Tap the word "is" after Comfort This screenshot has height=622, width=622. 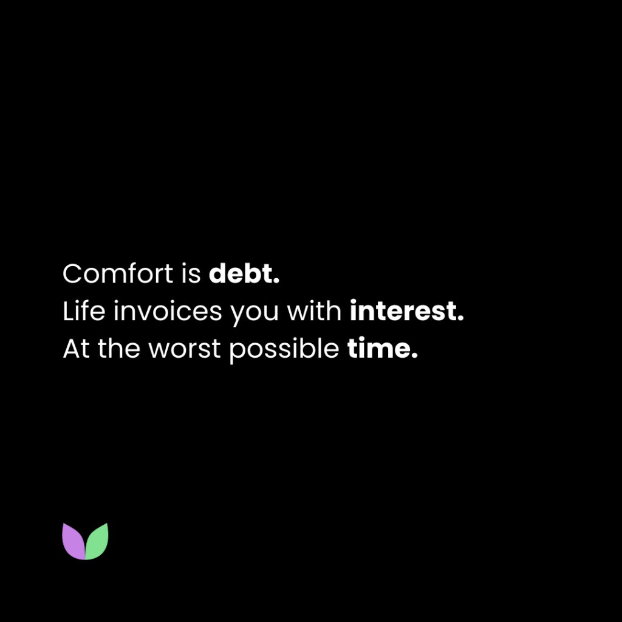pyautogui.click(x=191, y=274)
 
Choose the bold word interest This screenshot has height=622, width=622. pyautogui.click(x=403, y=312)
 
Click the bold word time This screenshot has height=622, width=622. pyautogui.click(x=378, y=349)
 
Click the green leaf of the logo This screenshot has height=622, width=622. pyautogui.click(x=97, y=541)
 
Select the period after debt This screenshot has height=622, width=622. pyautogui.click(x=277, y=282)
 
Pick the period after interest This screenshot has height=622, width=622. pyautogui.click(x=461, y=320)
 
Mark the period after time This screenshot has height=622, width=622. pyautogui.click(x=415, y=357)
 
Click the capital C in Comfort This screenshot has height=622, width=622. pyautogui.click(x=72, y=274)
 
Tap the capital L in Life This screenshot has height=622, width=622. pyautogui.click(x=67, y=312)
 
